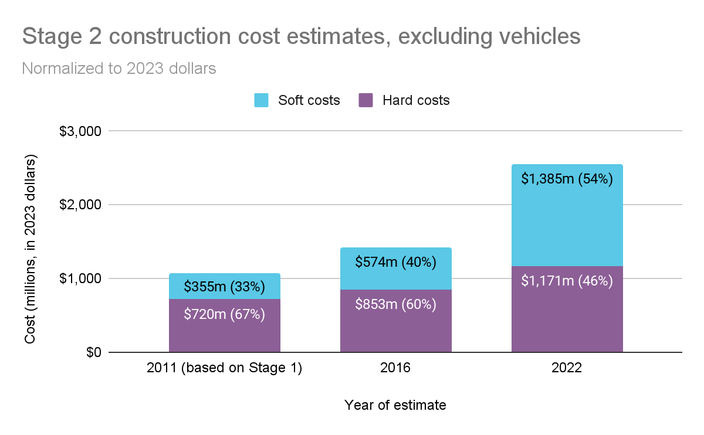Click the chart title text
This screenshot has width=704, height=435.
click(301, 37)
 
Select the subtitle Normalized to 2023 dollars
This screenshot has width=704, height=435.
click(119, 69)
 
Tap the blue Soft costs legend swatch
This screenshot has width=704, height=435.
click(261, 100)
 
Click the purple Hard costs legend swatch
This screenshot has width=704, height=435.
click(365, 100)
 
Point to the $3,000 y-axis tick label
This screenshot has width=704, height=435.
click(81, 131)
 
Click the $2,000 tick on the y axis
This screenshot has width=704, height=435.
click(81, 205)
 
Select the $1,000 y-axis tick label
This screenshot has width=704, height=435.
click(81, 278)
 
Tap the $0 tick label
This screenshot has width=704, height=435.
click(90, 352)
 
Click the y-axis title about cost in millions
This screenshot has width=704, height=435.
click(30, 249)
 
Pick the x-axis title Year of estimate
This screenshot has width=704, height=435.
click(395, 405)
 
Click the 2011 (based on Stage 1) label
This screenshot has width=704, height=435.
click(224, 368)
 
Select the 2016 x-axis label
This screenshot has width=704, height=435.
click(395, 368)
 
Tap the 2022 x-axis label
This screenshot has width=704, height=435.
click(567, 368)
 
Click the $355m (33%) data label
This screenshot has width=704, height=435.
click(224, 287)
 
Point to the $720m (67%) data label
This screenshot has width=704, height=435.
click(224, 314)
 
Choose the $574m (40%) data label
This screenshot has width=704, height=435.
click(395, 262)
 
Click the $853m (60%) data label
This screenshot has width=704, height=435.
click(395, 305)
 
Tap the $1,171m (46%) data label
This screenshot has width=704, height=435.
click(567, 281)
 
